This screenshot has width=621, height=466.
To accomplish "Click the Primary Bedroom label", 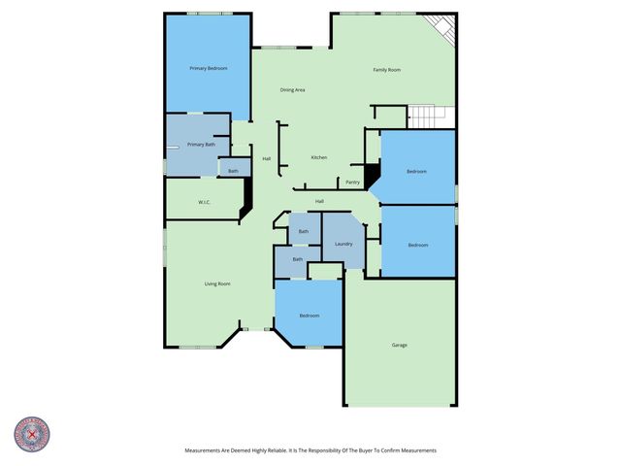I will (x=209, y=68).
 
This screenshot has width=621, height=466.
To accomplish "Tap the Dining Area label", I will (x=293, y=90).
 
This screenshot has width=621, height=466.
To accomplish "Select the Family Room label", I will (x=387, y=70).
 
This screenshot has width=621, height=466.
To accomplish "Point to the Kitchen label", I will (x=318, y=157).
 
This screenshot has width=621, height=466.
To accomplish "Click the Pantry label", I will (x=352, y=182).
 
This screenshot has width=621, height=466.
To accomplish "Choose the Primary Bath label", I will (x=201, y=145).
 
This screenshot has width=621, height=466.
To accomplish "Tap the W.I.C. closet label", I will (x=205, y=202).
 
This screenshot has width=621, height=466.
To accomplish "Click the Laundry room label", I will (x=343, y=244).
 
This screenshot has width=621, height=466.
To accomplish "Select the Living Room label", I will (x=216, y=283).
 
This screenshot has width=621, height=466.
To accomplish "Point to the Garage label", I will (x=399, y=346).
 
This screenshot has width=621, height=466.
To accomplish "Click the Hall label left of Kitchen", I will (x=266, y=159).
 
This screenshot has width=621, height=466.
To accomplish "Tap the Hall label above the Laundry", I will (x=319, y=201).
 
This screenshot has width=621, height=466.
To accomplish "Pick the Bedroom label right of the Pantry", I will (x=416, y=172).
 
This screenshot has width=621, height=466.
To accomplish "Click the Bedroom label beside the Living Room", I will (x=309, y=316).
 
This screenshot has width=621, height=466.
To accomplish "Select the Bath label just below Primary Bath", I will (x=233, y=172).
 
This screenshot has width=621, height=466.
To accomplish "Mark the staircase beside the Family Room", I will (x=430, y=116).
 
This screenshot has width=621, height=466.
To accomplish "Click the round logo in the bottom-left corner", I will (x=32, y=434).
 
